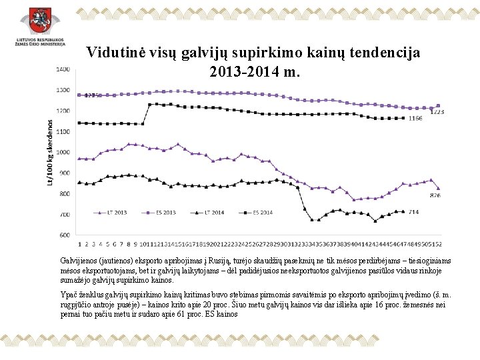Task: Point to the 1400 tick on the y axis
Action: tap(63, 69)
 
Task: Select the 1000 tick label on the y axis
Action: tap(63, 152)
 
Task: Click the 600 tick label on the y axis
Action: tap(65, 235)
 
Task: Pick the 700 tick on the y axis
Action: tap(65, 215)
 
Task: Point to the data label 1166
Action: tap(415, 119)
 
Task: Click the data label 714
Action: tap(413, 212)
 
